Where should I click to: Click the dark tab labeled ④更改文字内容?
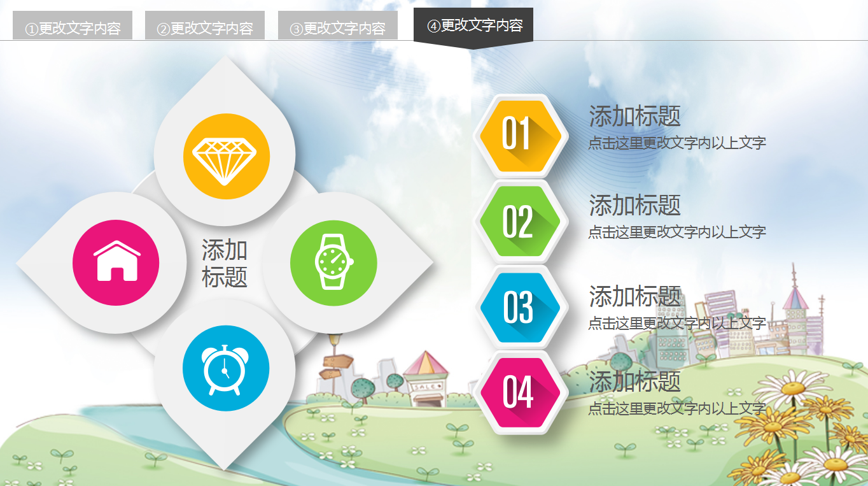coord(473,25)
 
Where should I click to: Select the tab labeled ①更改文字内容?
coord(73,27)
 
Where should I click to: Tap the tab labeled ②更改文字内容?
coord(205,27)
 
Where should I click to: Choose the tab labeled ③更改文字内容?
coord(338,27)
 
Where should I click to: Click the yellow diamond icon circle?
coord(226,156)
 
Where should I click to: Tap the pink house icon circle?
coord(116,262)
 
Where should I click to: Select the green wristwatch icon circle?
coord(333,263)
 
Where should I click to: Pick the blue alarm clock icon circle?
coord(226,368)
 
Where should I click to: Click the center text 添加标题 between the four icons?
coord(224,263)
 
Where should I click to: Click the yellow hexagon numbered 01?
coord(520,135)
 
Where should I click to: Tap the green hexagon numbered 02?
coord(520,222)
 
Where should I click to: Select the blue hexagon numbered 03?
coord(520,308)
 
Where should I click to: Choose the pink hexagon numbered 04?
coord(520,393)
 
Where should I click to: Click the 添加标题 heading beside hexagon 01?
coord(634,117)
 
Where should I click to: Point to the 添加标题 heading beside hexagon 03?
coord(634,297)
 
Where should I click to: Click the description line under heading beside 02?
coord(676,232)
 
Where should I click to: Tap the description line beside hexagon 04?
coord(676,408)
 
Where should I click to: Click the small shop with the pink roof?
coord(425,380)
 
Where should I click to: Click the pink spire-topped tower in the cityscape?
coord(795,299)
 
